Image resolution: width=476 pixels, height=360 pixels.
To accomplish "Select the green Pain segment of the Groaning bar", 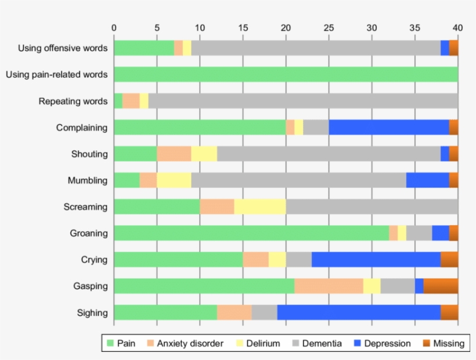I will click(251, 233).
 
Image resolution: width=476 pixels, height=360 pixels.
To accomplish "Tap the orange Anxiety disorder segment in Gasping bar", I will click(329, 286).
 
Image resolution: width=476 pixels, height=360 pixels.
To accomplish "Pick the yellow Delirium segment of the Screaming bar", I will click(259, 207).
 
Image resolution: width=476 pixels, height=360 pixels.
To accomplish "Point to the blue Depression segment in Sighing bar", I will click(359, 312).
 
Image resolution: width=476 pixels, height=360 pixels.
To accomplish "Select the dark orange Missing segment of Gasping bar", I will click(441, 286).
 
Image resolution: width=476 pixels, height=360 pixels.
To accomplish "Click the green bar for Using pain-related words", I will click(286, 74).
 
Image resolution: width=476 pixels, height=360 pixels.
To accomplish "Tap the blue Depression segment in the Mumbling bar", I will click(427, 180).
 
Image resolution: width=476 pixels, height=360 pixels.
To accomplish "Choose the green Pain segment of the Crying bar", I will click(178, 260).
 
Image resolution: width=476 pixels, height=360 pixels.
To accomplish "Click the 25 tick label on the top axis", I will click(329, 27).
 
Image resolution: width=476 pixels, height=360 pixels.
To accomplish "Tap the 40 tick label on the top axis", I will click(457, 27).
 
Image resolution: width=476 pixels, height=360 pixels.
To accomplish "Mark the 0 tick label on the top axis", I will click(114, 27).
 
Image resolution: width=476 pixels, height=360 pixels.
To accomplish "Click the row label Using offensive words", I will click(63, 48).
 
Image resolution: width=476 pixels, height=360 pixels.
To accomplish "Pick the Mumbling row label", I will click(88, 180).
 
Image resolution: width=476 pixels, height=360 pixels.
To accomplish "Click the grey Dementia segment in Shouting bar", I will click(329, 154).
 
